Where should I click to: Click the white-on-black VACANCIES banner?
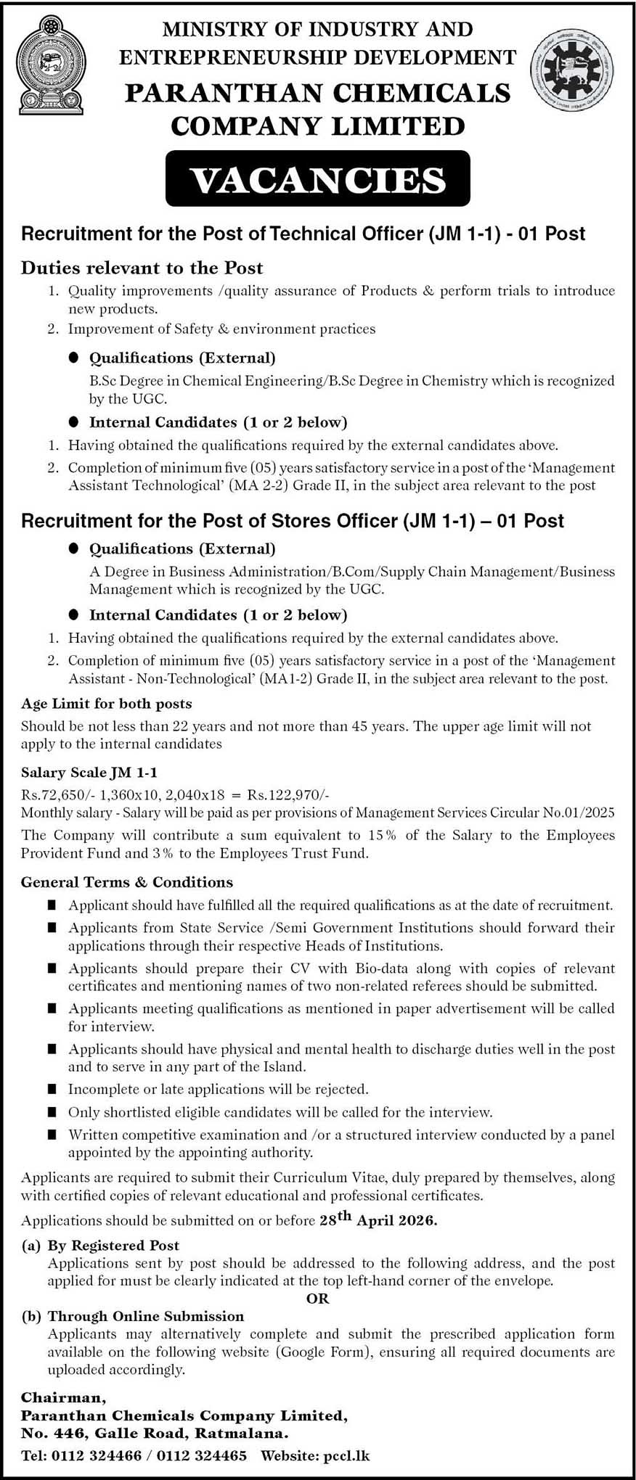(x=317, y=179)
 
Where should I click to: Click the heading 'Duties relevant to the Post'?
(x=142, y=268)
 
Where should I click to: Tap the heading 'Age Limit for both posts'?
(x=106, y=703)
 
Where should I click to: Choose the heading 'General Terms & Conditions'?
(x=127, y=882)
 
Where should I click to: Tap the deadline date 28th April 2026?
(x=378, y=1220)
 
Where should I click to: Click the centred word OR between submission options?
(x=318, y=1299)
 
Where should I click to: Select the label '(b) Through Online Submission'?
(x=132, y=1316)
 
